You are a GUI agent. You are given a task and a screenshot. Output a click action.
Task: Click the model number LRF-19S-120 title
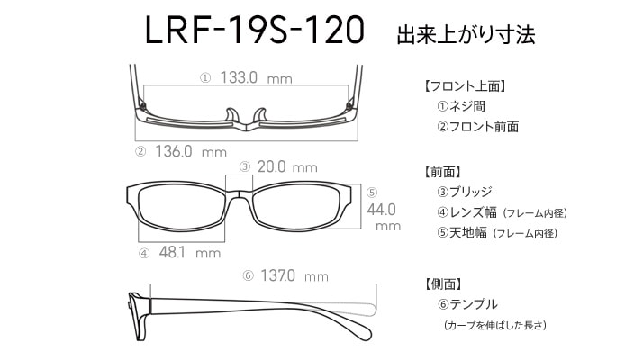click(255, 30)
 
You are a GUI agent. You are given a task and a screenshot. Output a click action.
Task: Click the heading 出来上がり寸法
click(466, 34)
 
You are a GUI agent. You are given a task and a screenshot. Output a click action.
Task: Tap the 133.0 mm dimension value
click(256, 77)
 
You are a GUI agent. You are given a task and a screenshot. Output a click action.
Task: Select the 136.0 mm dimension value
click(191, 151)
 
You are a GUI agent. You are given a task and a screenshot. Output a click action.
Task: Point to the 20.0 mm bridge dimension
click(287, 166)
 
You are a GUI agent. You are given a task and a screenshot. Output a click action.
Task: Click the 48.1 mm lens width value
click(190, 252)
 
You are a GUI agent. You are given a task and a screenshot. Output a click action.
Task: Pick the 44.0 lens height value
click(381, 210)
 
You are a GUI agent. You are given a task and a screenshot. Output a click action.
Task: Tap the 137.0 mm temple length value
click(294, 275)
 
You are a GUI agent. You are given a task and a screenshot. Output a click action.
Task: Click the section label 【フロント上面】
click(465, 86)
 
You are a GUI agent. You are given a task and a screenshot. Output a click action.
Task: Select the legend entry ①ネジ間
click(461, 106)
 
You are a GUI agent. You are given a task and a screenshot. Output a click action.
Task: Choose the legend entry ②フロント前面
click(477, 126)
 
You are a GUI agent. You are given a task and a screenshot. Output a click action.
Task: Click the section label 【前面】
click(442, 172)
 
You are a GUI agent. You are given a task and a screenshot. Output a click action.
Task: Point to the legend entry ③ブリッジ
click(465, 192)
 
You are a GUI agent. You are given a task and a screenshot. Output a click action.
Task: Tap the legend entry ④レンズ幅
click(466, 212)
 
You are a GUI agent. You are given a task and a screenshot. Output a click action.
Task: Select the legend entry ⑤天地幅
click(462, 232)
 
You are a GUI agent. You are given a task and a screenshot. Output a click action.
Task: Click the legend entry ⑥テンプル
click(467, 304)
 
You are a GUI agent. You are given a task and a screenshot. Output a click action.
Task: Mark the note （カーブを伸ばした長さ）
click(495, 325)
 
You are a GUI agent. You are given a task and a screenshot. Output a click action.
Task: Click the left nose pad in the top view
click(231, 115)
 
